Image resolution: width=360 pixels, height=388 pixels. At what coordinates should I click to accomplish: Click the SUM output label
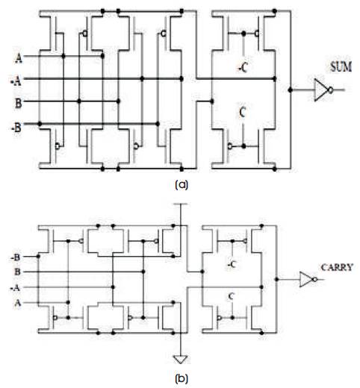click(341, 67)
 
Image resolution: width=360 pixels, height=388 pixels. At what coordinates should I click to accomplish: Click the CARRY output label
click(337, 267)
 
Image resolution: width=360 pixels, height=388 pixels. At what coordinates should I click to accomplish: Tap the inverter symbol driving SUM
click(323, 90)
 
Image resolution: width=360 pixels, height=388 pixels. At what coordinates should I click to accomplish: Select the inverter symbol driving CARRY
click(308, 279)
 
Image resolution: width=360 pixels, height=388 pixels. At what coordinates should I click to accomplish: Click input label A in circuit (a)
click(19, 59)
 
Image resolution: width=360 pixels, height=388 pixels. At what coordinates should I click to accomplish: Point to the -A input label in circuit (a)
click(16, 81)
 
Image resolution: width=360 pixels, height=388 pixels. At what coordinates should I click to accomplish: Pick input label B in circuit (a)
click(18, 103)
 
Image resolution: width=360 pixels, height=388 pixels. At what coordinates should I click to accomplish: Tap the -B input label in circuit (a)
click(16, 128)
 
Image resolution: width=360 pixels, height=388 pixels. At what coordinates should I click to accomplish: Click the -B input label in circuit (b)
click(15, 257)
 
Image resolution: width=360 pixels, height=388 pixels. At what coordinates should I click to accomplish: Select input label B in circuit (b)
click(17, 272)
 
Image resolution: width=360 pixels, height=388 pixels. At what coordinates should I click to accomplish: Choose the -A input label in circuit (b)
click(15, 288)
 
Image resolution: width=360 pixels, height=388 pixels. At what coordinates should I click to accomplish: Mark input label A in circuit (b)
click(17, 303)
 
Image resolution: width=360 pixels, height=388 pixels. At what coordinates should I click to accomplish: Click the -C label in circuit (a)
click(243, 67)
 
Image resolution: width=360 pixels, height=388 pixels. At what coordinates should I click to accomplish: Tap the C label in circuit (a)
click(242, 113)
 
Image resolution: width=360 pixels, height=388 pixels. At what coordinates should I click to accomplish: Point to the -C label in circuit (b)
click(232, 264)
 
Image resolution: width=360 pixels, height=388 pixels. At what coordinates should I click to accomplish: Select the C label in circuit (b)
click(232, 296)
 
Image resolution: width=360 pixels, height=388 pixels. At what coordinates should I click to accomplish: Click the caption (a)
click(181, 185)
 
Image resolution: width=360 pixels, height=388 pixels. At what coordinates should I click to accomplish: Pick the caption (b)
click(181, 379)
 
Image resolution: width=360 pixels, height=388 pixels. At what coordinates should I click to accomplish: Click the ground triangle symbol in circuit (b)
click(181, 360)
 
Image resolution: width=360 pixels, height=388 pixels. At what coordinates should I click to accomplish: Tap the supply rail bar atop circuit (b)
click(181, 204)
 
